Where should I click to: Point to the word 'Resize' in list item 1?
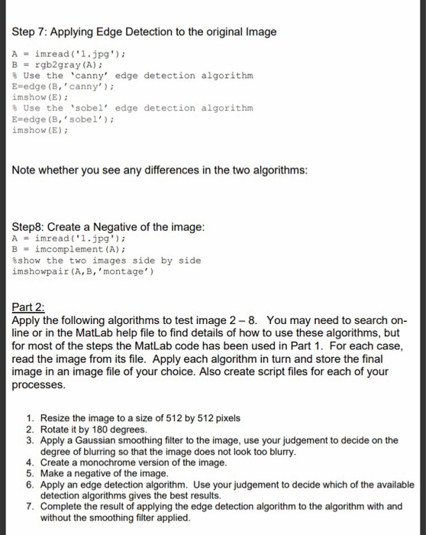[x=56, y=419]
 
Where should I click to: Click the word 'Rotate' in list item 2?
[x=54, y=430]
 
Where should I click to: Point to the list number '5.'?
[x=30, y=474]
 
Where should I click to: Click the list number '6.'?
[x=30, y=485]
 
